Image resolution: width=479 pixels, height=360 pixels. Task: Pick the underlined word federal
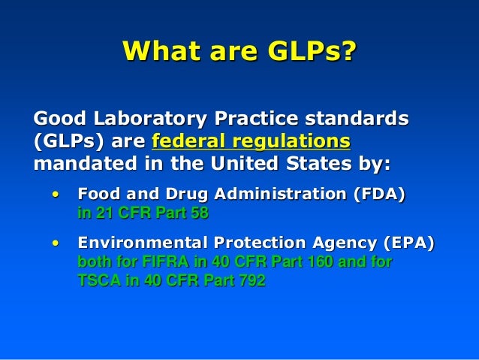coord(191,141)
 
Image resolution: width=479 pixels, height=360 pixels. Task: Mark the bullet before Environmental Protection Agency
coord(55,244)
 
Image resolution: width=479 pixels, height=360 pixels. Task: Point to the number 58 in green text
coord(197,213)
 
